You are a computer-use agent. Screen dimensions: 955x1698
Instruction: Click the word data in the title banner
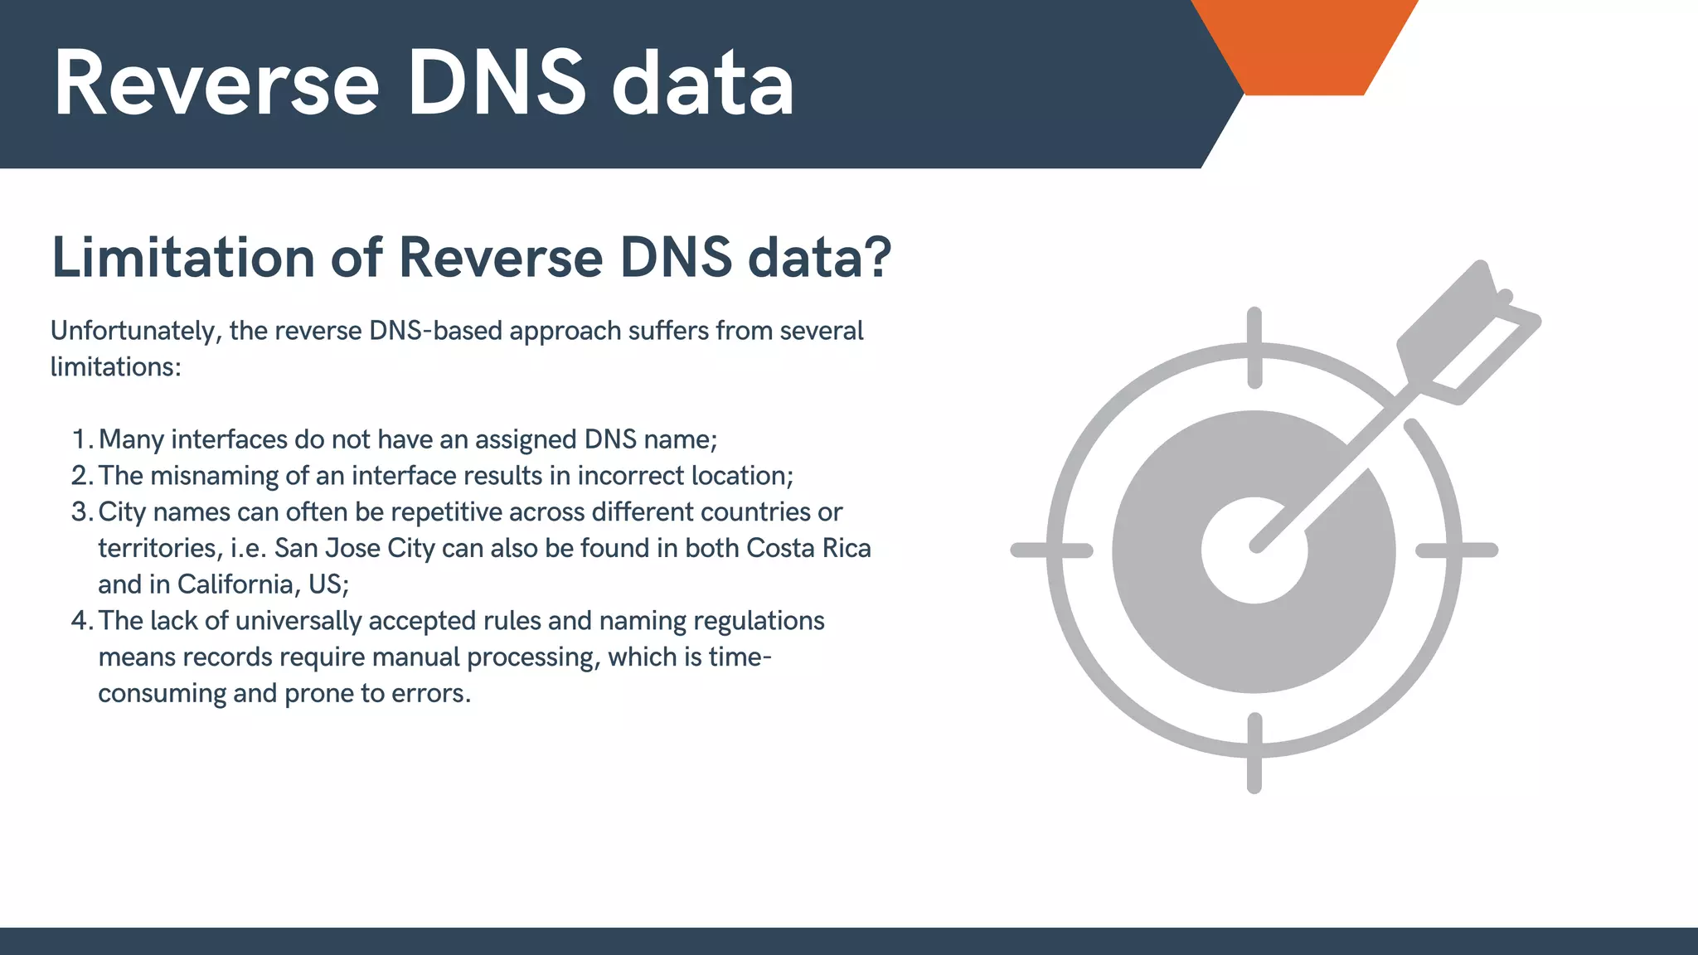[x=703, y=83]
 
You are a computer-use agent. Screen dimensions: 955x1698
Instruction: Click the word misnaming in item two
[x=215, y=476]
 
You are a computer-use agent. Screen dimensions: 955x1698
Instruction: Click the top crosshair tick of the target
[x=1254, y=347]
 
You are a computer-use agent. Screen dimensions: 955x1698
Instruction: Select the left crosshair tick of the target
[x=1051, y=550]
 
